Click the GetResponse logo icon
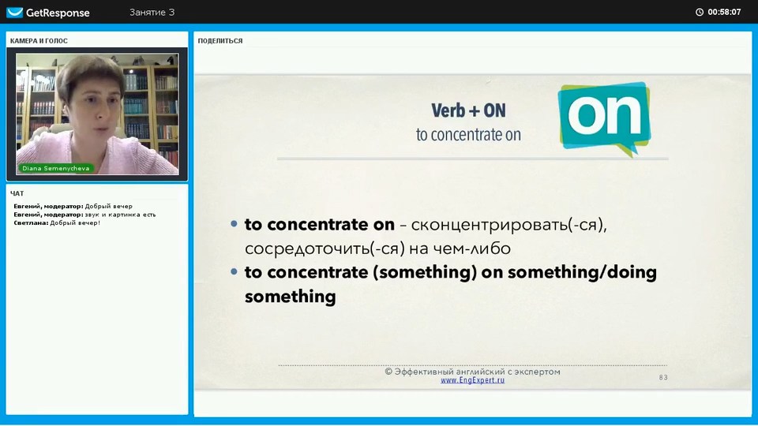tap(14, 12)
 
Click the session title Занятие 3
tap(152, 12)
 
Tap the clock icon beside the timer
tap(700, 12)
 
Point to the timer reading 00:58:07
tap(724, 12)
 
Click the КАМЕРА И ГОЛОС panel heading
tap(39, 41)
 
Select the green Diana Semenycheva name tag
tap(55, 168)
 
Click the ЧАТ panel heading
tap(17, 193)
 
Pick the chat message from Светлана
tap(57, 222)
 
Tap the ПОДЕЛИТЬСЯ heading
tap(220, 41)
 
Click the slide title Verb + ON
tap(468, 110)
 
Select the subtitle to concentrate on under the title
tap(468, 135)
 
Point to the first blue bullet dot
tap(234, 224)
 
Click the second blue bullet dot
tap(234, 272)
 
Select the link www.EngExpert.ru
tap(472, 380)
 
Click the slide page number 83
tap(663, 377)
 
